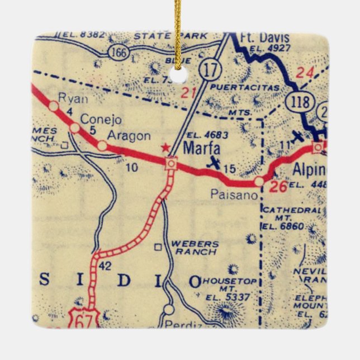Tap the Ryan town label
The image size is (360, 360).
point(76,100)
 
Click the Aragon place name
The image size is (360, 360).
point(129,136)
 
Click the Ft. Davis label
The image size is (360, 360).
point(265,39)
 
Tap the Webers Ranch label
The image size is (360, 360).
point(193,248)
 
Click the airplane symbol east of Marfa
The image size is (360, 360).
point(213,163)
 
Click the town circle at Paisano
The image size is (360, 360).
point(259,182)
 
